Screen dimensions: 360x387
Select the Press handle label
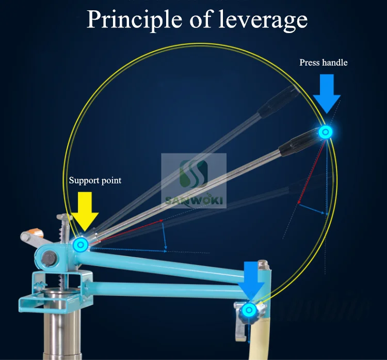(x=324, y=62)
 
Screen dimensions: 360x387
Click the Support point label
(x=95, y=181)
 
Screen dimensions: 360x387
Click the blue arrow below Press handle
(x=326, y=93)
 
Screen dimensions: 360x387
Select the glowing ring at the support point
(x=80, y=244)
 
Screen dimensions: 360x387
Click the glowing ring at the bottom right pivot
(x=250, y=310)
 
